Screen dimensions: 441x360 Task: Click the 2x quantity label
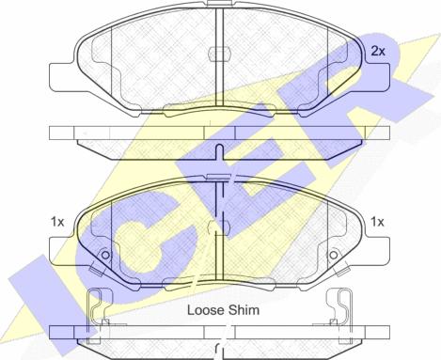tap(378, 51)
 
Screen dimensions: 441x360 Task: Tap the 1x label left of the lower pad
tap(57, 222)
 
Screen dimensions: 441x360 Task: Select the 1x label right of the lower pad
tap(377, 222)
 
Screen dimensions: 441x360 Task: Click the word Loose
tap(206, 310)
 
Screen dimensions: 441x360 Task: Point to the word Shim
tap(244, 310)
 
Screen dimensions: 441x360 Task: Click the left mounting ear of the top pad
tap(62, 77)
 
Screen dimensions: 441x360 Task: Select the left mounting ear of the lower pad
tap(62, 251)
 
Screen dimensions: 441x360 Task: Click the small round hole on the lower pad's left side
tap(106, 256)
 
